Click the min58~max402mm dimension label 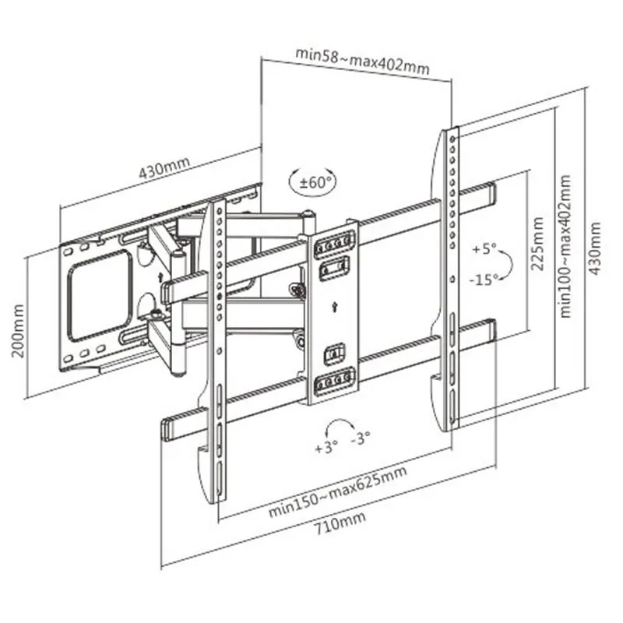click(361, 60)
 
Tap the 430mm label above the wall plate click(164, 171)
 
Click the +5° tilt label click(483, 250)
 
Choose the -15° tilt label click(484, 280)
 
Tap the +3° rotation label click(325, 449)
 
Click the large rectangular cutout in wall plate click(99, 295)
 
